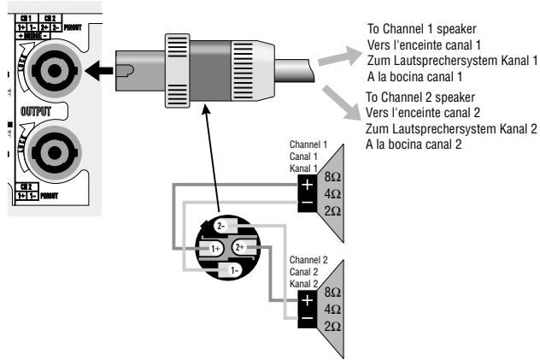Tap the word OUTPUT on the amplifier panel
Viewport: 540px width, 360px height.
click(37, 112)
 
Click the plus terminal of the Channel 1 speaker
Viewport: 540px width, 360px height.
click(305, 184)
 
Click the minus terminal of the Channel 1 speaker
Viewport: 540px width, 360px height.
click(305, 204)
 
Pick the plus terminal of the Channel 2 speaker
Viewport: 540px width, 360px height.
click(305, 300)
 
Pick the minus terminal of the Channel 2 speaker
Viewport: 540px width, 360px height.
click(305, 319)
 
